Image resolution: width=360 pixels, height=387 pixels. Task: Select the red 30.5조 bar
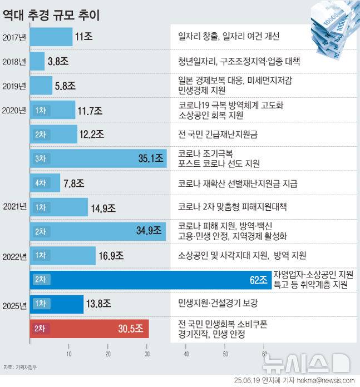pyautogui.click(x=89, y=329)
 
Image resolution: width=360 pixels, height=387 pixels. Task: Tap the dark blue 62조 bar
pyautogui.click(x=150, y=280)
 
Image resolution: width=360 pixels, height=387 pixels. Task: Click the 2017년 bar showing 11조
pyautogui.click(x=51, y=37)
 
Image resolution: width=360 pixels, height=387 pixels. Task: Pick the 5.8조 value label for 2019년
pyautogui.click(x=65, y=86)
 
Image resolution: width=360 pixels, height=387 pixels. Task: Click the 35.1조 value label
pyautogui.click(x=151, y=158)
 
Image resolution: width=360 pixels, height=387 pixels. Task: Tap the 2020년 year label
pyautogui.click(x=14, y=110)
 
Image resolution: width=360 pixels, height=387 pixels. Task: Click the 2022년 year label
pyautogui.click(x=14, y=256)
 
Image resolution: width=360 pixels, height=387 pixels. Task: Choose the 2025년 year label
pyautogui.click(x=14, y=305)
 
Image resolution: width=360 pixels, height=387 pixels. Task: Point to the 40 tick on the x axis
pyautogui.click(x=186, y=354)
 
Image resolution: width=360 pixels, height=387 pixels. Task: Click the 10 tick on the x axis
pyautogui.click(x=69, y=354)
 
